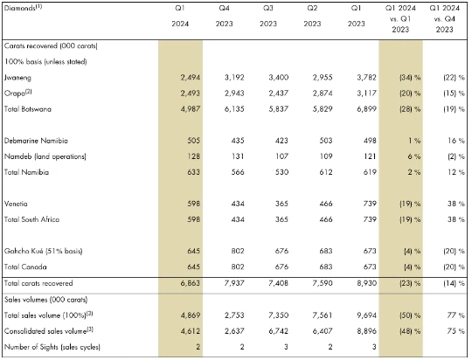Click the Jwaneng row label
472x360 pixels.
pos(17,78)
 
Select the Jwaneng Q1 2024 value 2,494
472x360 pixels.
pos(191,78)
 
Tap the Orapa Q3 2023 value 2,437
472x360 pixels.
pos(279,93)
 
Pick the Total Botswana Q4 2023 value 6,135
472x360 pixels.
pos(234,109)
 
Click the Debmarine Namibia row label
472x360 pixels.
pos(36,141)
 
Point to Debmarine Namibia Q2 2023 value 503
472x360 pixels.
pos(326,141)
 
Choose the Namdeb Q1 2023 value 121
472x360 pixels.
pos(370,156)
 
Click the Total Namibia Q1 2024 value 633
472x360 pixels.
pos(193,172)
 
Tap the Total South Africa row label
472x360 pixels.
pos(31,219)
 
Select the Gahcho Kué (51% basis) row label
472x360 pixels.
pos(43,251)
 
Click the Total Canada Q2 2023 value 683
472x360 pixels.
pos(326,267)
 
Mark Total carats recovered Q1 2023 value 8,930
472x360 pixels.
pos(366,283)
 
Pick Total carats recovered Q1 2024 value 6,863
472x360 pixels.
pos(191,283)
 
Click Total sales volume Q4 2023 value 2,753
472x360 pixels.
pos(234,315)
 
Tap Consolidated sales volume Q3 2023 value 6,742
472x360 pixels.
pos(279,331)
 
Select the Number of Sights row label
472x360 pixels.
pos(52,347)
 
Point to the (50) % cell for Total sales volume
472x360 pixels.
pos(410,315)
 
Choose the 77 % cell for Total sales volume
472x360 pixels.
pos(455,315)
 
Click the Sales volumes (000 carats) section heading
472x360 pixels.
pos(45,300)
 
